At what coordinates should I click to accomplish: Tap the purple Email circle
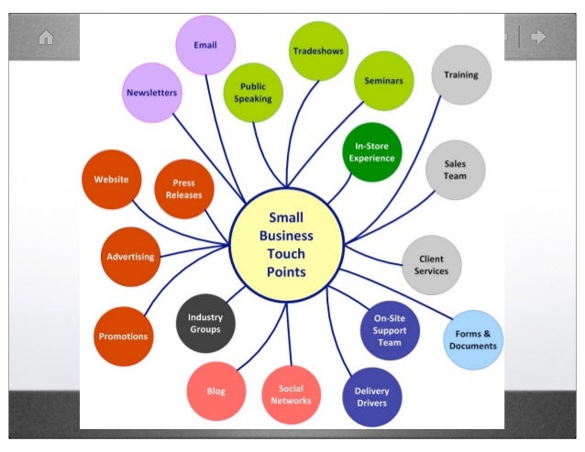click(x=205, y=45)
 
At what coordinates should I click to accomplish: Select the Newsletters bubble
click(x=151, y=93)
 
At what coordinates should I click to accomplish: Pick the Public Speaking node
click(x=253, y=93)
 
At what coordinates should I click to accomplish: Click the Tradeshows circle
click(x=318, y=51)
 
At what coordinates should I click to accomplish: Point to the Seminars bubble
click(x=383, y=81)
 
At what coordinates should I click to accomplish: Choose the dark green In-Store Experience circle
click(x=371, y=152)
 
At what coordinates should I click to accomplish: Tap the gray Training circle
click(x=461, y=75)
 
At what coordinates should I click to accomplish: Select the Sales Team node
click(x=455, y=170)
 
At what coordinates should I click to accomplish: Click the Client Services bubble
click(x=431, y=265)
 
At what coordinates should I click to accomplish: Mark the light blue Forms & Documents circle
click(x=473, y=340)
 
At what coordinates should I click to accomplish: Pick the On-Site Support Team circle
click(x=390, y=330)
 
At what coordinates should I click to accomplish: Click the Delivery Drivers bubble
click(x=371, y=396)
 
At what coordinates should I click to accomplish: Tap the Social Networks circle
click(x=291, y=394)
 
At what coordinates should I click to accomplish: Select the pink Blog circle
click(x=216, y=391)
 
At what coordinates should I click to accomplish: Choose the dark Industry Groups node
click(x=205, y=323)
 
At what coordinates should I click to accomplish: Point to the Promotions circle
click(x=123, y=336)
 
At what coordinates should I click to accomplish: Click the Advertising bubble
click(x=130, y=257)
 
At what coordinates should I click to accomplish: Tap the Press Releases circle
click(x=183, y=189)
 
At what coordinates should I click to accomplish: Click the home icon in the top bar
click(x=46, y=38)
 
